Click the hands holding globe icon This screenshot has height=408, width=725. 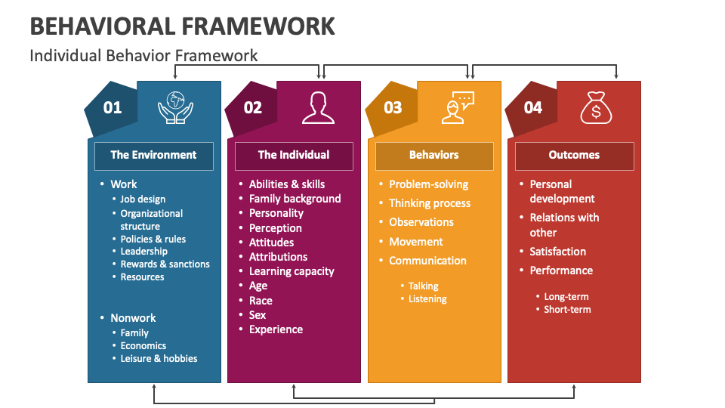pos(175,107)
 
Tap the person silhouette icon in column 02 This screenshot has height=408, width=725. pos(318,108)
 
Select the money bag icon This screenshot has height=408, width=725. pos(596,107)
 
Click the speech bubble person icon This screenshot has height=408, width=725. pos(458,107)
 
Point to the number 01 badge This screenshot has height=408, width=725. pos(113,108)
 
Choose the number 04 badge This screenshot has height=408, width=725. pos(532,108)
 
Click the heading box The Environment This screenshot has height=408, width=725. pos(154,156)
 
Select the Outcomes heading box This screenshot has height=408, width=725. pos(574,156)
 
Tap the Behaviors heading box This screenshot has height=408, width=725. pos(434,156)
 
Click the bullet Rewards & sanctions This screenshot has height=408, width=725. pos(165,264)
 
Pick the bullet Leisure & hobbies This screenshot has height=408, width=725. pos(159,358)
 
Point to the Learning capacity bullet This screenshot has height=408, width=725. pos(292,271)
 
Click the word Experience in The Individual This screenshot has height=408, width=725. pos(276,330)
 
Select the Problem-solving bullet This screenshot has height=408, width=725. pos(429,184)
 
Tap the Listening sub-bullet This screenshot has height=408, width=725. pos(427,299)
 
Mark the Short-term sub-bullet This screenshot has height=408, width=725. pos(567,310)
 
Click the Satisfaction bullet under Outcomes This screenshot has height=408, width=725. pos(557,252)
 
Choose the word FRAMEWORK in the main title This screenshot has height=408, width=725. pos(258,26)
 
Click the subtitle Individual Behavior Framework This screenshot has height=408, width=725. pos(143,56)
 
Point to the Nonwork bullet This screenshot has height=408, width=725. pos(133,318)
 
